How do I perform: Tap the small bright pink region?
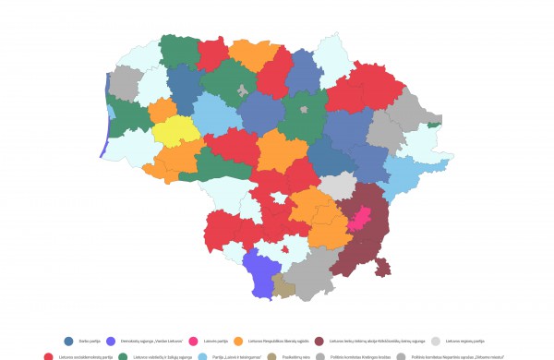(x=360, y=219)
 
